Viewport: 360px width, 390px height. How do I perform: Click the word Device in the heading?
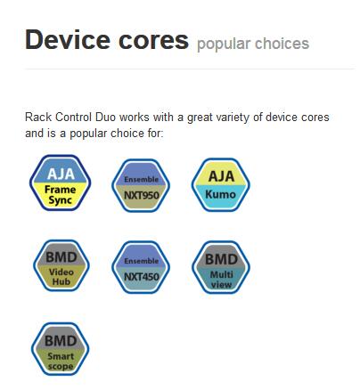click(68, 39)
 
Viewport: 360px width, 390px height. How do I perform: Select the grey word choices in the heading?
click(282, 44)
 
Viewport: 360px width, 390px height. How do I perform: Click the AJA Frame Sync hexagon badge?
click(61, 183)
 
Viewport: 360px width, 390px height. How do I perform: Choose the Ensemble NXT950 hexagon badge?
click(141, 185)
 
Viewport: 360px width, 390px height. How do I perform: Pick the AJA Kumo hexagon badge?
click(221, 185)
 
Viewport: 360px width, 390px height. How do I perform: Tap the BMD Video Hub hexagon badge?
click(61, 265)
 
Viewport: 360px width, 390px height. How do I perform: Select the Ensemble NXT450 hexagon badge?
click(141, 267)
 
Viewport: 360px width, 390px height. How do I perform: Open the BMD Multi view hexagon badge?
click(221, 267)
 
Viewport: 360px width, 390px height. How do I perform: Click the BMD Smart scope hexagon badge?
click(61, 349)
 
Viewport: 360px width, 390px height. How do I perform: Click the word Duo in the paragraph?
click(105, 117)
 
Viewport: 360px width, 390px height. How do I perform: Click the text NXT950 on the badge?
click(142, 195)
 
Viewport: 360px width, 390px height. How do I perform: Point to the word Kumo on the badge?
click(220, 194)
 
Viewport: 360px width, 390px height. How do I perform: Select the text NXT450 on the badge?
click(142, 277)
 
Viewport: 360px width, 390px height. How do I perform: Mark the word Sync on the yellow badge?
click(60, 200)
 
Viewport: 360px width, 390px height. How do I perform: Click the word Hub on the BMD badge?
click(61, 281)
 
